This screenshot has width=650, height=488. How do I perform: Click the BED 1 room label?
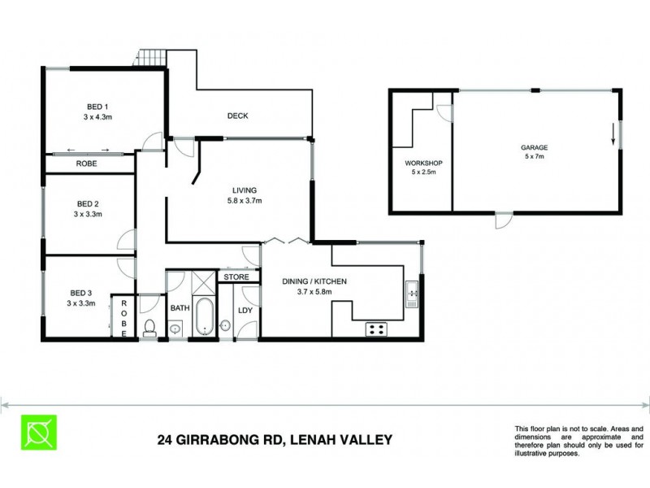[x=97, y=107]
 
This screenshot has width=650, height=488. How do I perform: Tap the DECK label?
[x=237, y=115]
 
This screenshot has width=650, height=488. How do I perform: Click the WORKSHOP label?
[x=421, y=163]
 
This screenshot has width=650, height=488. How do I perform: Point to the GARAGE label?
[x=534, y=147]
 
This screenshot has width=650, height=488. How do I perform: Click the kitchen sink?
[x=411, y=291]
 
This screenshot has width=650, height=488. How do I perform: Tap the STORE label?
[x=236, y=277]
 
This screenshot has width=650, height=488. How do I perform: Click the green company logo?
[x=39, y=432]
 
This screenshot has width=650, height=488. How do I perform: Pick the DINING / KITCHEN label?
[x=314, y=281]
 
